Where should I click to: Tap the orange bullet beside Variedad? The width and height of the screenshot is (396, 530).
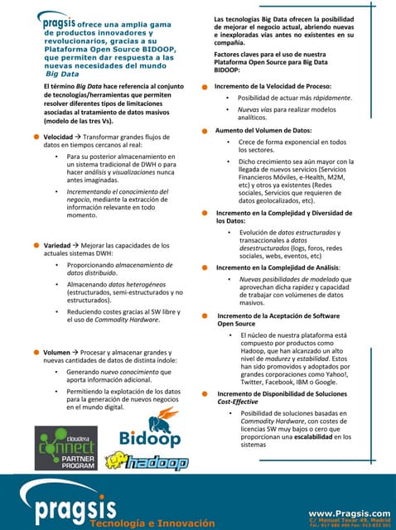(36, 245)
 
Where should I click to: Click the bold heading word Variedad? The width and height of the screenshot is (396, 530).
(56, 245)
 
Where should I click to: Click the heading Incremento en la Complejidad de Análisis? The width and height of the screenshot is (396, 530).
(277, 267)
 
